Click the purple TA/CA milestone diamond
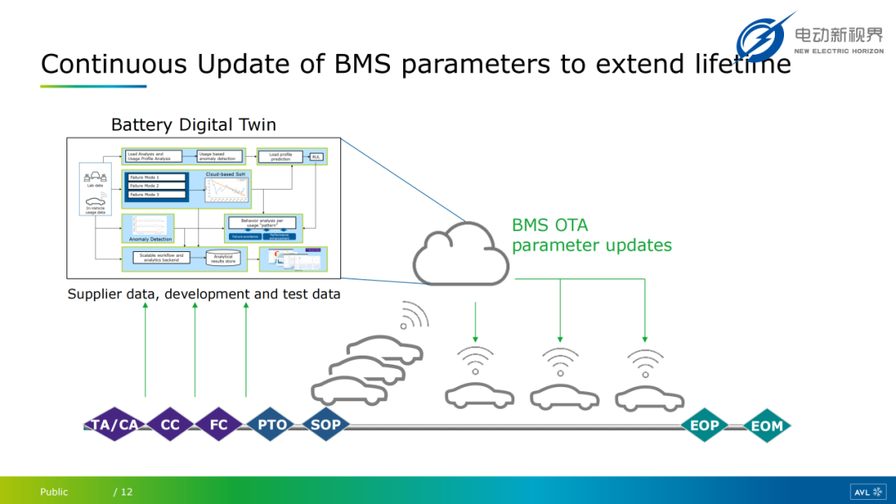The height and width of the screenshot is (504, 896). coord(114,425)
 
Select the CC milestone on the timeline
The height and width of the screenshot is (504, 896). coord(170,425)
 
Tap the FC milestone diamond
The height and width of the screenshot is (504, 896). coord(219,425)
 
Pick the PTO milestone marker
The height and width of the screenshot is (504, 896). coord(272,425)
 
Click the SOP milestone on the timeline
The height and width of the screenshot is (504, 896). coord(325,425)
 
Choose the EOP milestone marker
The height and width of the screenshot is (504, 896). coord(704,426)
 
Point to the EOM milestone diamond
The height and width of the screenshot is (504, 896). coord(767,426)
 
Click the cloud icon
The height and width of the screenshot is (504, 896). coord(461,253)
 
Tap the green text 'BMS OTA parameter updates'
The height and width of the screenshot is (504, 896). coord(592,235)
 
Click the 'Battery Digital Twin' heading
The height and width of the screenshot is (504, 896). coord(193,125)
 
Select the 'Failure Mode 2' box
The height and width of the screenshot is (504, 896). coord(154,186)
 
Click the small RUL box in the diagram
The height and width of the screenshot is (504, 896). coord(316,156)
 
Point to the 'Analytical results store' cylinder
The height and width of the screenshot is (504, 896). coord(224,258)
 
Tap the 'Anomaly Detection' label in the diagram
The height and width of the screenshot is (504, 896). coord(149,239)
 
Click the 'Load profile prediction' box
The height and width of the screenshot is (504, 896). coord(279,156)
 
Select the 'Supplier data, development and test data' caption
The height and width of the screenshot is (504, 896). coord(204,294)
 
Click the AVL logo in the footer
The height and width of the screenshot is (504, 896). coord(868,492)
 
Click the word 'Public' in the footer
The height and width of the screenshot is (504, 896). coord(54,492)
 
